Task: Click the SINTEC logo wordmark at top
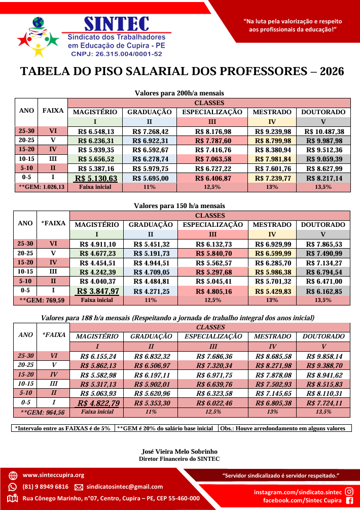point(117,23)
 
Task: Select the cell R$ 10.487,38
point(323,131)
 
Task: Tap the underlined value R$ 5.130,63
point(95,178)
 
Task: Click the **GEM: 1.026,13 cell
point(42,187)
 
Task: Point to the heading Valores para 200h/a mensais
point(179,93)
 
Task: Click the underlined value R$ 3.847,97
point(97,291)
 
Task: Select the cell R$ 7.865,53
point(323,244)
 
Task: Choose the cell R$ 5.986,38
point(272,272)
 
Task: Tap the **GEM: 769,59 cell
point(42,300)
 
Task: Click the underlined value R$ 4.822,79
point(97,403)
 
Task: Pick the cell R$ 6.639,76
point(213,384)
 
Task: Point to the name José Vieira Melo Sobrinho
point(179,451)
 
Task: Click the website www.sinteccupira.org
point(53,475)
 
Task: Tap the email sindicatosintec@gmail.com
point(125,487)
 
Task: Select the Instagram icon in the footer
point(349,491)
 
